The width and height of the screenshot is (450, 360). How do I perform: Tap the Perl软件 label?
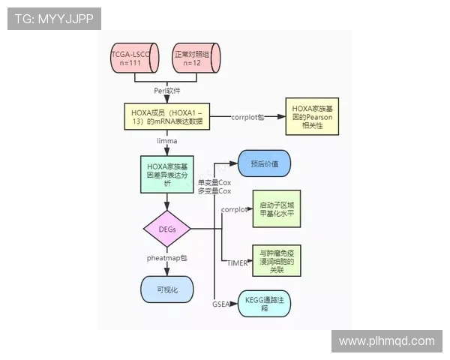(167, 91)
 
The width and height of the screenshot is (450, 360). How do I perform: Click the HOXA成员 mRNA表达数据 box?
(166, 118)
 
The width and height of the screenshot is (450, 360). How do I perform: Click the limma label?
(166, 140)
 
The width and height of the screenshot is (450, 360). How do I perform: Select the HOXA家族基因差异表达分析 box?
(167, 173)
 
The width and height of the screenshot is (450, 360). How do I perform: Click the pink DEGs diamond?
(167, 229)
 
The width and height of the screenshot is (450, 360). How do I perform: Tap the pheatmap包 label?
(166, 257)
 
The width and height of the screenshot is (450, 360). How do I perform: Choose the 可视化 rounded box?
(166, 289)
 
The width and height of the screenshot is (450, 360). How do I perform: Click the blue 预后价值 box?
(264, 163)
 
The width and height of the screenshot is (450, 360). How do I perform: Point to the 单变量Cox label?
(214, 182)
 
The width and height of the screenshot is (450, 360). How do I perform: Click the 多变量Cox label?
(214, 192)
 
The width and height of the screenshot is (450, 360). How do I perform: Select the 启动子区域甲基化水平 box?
(274, 209)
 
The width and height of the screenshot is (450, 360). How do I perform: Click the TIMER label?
(238, 262)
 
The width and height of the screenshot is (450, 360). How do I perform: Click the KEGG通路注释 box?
(263, 304)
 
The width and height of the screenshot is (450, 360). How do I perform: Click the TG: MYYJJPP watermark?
(54, 19)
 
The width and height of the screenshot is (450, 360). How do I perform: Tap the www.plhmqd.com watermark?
(386, 340)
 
